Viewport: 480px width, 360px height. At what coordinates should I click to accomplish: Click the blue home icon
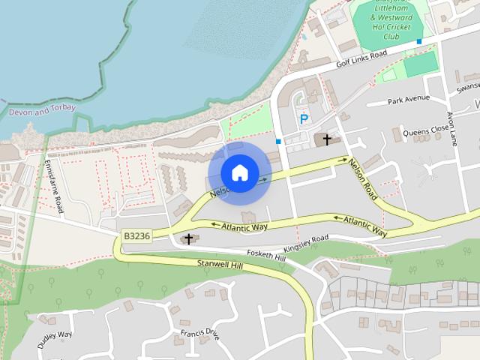click(239, 172)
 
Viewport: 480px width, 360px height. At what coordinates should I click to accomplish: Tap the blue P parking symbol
click(304, 118)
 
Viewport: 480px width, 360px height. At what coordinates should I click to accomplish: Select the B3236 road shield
click(137, 235)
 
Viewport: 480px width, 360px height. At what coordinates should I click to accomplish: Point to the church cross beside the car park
click(327, 139)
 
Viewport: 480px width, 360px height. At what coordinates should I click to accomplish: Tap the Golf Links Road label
click(361, 57)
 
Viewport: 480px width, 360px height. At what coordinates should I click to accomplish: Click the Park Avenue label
click(409, 99)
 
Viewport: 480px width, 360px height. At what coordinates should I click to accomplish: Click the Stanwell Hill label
click(220, 264)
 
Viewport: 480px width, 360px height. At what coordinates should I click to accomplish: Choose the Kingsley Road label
click(306, 244)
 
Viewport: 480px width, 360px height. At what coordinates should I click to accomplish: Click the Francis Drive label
click(199, 332)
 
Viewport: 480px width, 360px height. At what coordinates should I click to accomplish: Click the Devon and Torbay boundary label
click(38, 111)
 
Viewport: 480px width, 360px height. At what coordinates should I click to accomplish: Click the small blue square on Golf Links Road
click(419, 41)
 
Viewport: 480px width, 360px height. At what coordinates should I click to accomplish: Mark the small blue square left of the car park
click(278, 141)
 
